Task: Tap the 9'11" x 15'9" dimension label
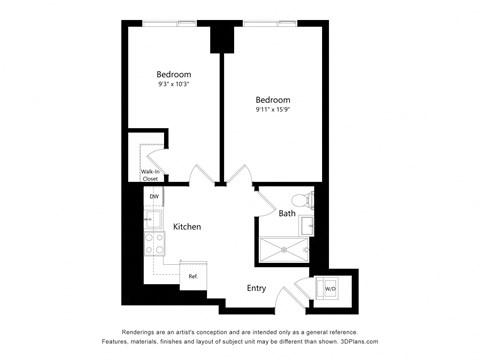pos(272,112)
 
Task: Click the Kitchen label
pos(187,227)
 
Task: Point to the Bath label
pos(287,213)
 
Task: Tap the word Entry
pos(257,288)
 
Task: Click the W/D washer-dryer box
pos(329,289)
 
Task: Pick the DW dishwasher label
pos(154,197)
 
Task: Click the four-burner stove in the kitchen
pos(155,241)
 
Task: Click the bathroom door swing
pos(264,200)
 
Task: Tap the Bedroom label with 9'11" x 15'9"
pos(272,100)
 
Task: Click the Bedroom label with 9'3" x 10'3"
pos(174,74)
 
